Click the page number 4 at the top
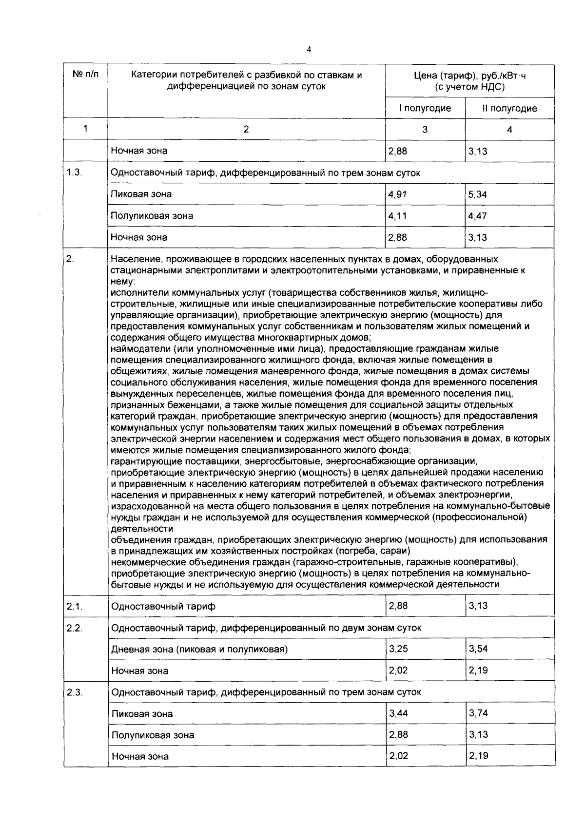tap(309, 49)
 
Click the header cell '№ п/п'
tap(85, 75)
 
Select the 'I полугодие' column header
tap(425, 108)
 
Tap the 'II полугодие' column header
tap(509, 108)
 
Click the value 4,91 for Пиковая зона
tap(397, 194)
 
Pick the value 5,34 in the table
tap(477, 194)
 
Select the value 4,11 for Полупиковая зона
tap(397, 215)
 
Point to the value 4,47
tap(477, 215)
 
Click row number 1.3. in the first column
tap(74, 172)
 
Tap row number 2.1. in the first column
tap(75, 606)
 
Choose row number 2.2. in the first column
tap(75, 628)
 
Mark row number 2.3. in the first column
tap(75, 692)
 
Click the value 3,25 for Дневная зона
tap(398, 649)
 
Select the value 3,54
tap(478, 649)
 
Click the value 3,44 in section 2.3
tap(398, 713)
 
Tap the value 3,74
tap(478, 713)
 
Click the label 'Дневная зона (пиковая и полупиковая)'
tap(199, 649)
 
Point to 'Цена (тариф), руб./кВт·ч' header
tap(469, 76)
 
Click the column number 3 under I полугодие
tap(425, 130)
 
